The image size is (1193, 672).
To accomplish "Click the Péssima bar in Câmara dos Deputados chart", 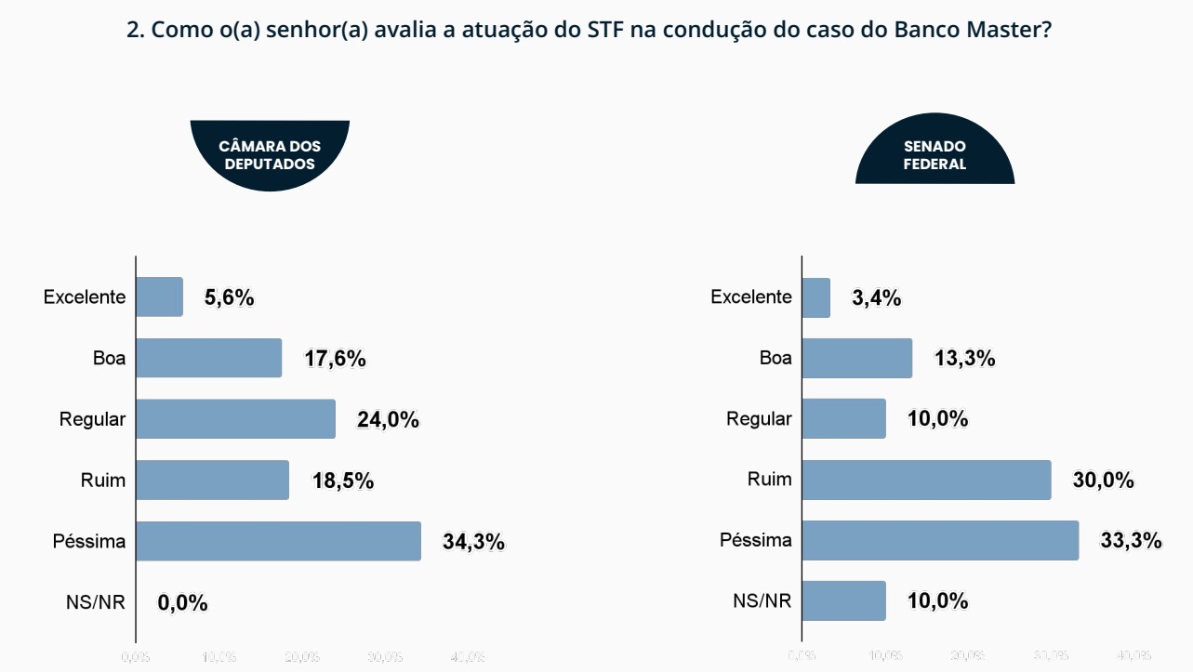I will click(279, 541).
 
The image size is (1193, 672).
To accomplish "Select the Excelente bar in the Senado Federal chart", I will click(815, 297).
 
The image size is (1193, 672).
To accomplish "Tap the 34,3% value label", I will click(473, 542).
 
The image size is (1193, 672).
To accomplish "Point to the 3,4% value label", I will click(876, 298).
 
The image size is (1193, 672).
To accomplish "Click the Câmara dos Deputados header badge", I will click(270, 154).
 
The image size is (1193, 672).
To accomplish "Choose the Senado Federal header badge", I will click(935, 154).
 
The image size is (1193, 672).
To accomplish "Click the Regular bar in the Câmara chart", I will click(236, 419).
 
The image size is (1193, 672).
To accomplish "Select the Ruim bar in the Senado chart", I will click(926, 480).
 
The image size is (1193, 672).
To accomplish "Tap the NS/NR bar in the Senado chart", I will click(843, 600).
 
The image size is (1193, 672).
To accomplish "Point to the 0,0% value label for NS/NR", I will click(182, 603).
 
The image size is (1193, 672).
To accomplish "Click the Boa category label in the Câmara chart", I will click(109, 358).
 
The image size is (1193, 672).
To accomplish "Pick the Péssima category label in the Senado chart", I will click(756, 540).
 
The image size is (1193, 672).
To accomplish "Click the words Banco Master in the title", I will click(973, 29).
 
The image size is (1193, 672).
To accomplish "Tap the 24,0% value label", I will click(388, 420).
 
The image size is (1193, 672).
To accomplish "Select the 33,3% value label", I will click(1131, 541).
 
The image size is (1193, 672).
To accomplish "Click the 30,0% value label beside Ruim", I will click(1103, 481).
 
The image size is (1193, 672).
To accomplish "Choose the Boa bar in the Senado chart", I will click(856, 358).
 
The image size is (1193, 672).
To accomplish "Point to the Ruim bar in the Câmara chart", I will click(213, 480).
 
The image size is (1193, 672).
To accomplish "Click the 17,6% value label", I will click(335, 359).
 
